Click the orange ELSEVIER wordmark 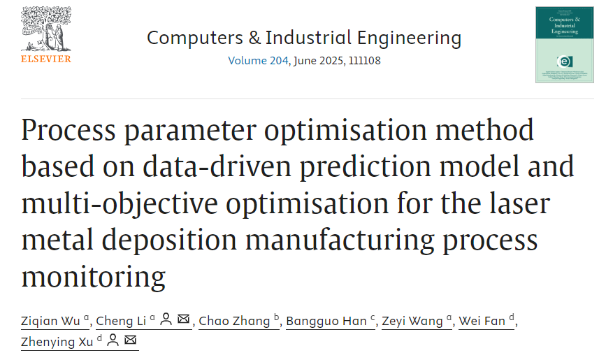pyautogui.click(x=45, y=59)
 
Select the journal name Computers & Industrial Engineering pyautogui.click(x=304, y=38)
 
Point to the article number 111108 pyautogui.click(x=361, y=61)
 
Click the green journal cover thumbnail pyautogui.click(x=564, y=45)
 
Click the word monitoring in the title pyautogui.click(x=94, y=276)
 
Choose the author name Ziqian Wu pyautogui.click(x=51, y=321)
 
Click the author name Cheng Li pyautogui.click(x=121, y=321)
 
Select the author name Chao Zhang pyautogui.click(x=234, y=321)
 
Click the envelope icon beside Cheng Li pyautogui.click(x=183, y=320)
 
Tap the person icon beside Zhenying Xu pyautogui.click(x=113, y=340)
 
